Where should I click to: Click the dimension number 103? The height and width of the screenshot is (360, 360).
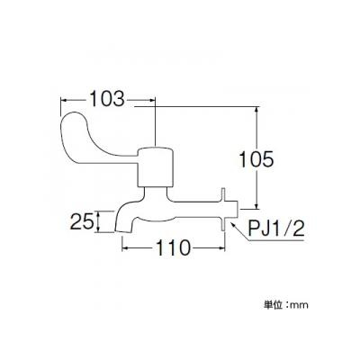pyautogui.click(x=107, y=99)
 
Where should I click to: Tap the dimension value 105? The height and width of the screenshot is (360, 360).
pyautogui.click(x=256, y=159)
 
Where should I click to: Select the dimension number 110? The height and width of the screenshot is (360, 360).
pyautogui.click(x=174, y=247)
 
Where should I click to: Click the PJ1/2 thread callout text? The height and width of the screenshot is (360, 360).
pyautogui.click(x=276, y=229)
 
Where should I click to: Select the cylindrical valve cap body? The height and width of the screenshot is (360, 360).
pyautogui.click(x=155, y=166)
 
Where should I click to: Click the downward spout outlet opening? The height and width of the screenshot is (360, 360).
pyautogui.click(x=123, y=231)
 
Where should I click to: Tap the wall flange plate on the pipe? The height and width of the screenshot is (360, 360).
pyautogui.click(x=223, y=210)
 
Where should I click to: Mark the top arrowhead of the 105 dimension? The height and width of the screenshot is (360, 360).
pyautogui.click(x=256, y=110)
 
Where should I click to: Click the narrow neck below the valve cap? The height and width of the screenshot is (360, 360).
pyautogui.click(x=155, y=193)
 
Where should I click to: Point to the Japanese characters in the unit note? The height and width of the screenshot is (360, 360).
pyautogui.click(x=273, y=305)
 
